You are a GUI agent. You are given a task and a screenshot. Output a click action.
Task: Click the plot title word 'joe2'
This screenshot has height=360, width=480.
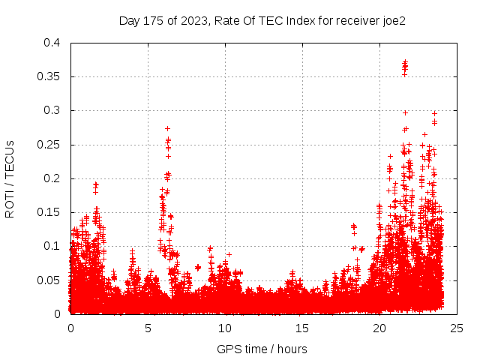pyautogui.click(x=393, y=20)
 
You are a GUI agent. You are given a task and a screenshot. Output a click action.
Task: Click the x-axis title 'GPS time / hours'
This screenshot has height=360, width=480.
pyautogui.click(x=262, y=349)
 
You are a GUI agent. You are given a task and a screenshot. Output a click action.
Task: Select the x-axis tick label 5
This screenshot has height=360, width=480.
pyautogui.click(x=148, y=328)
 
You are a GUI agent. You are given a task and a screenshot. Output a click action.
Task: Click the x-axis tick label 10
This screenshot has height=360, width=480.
pyautogui.click(x=226, y=328)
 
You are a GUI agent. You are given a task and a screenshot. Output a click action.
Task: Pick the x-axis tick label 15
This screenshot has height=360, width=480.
pyautogui.click(x=303, y=328)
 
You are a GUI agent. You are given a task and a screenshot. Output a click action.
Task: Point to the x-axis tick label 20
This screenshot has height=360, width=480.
pyautogui.click(x=380, y=328)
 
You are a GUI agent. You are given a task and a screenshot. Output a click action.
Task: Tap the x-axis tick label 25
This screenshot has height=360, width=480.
pyautogui.click(x=457, y=328)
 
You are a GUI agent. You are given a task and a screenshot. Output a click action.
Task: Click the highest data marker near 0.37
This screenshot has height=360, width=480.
pyautogui.click(x=405, y=62)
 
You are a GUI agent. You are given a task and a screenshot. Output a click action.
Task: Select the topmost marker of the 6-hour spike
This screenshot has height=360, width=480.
pyautogui.click(x=167, y=128)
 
